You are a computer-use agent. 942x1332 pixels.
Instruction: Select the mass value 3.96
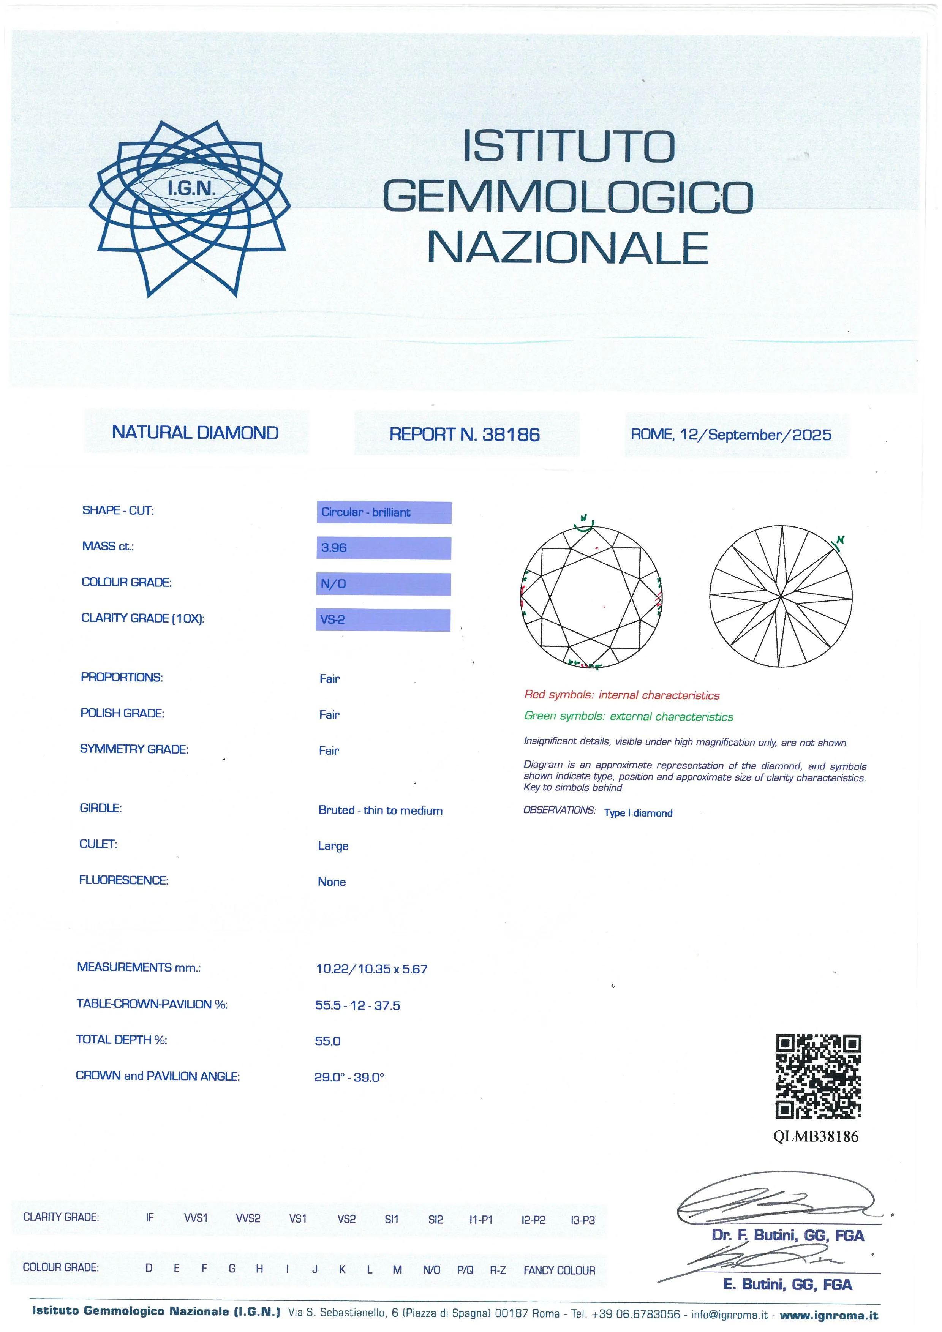[x=334, y=548]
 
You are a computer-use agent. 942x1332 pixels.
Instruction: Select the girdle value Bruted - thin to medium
[x=380, y=811]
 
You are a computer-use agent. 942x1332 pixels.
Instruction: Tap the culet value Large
[x=333, y=846]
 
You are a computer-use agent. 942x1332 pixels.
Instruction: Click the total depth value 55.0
[x=328, y=1041]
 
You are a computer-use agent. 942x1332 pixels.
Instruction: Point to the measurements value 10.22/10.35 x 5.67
[x=371, y=969]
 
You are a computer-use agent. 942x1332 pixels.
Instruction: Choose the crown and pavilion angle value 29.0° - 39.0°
[x=349, y=1077]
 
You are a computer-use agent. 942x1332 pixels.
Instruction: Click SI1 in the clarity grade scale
[x=392, y=1220]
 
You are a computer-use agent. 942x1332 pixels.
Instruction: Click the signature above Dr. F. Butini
[x=777, y=1206]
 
